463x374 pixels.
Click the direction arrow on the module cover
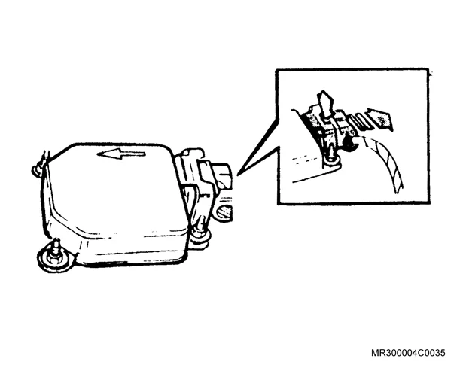click(x=121, y=154)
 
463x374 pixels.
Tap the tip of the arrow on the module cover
click(x=97, y=154)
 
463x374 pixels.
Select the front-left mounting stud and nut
click(x=54, y=256)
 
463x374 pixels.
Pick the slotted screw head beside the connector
click(x=224, y=212)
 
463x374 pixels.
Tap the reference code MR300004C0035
click(x=408, y=353)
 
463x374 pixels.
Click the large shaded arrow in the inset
click(x=379, y=118)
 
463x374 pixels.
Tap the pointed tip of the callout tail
click(x=237, y=175)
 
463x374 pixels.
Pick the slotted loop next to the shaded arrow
click(x=358, y=121)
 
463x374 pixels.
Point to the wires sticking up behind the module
click(x=46, y=157)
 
